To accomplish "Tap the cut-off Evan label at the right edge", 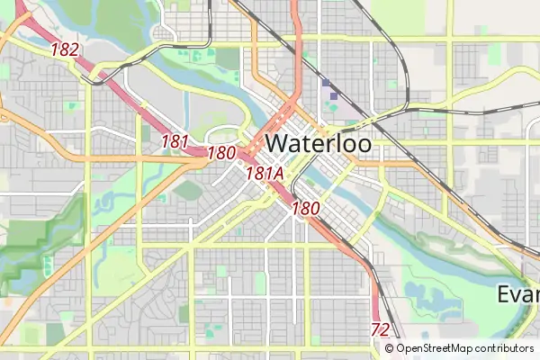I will (x=517, y=295).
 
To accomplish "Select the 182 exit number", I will (x=65, y=50).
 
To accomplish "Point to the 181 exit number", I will (x=175, y=141).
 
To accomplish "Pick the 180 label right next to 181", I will (x=220, y=154).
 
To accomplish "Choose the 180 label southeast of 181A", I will (x=306, y=208).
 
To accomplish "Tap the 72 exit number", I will (x=380, y=329).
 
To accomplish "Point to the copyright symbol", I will (x=389, y=348).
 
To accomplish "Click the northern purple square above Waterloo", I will (x=326, y=83).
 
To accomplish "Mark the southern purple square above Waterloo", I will (x=334, y=94).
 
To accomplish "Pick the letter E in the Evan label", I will (x=505, y=295).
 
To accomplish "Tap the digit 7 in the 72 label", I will (x=375, y=329).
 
